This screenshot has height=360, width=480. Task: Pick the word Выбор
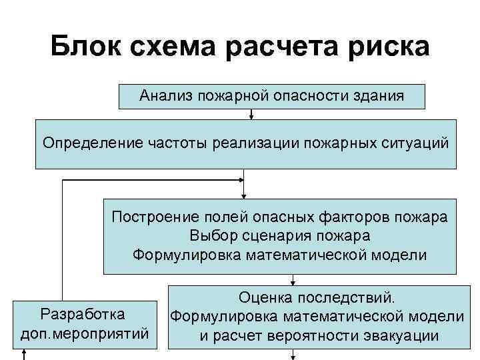(209, 236)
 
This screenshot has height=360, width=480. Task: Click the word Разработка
(83, 313)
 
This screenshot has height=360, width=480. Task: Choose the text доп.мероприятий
(83, 331)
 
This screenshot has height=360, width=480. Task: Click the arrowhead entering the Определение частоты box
(251, 116)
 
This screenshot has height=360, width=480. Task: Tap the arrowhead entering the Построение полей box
(244, 195)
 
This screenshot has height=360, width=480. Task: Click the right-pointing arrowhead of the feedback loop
(240, 179)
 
